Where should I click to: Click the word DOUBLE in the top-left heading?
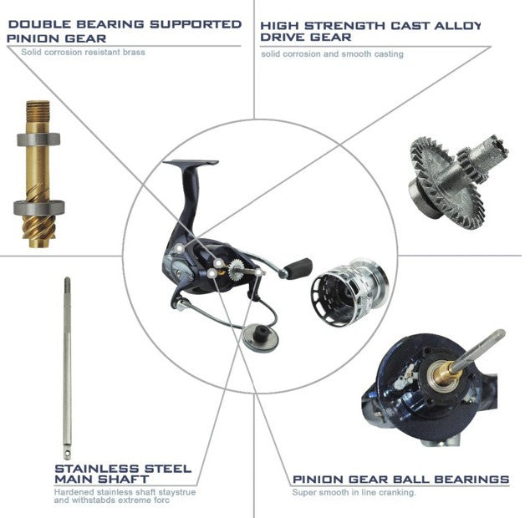click(40, 24)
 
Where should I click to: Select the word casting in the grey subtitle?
click(389, 54)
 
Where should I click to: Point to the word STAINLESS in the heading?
click(97, 469)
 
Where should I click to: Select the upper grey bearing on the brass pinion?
click(38, 140)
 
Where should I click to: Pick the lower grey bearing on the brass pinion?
click(38, 207)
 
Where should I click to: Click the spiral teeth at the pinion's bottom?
click(38, 229)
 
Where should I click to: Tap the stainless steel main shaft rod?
click(67, 368)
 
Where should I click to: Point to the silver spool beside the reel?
click(349, 292)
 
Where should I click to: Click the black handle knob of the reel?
click(298, 268)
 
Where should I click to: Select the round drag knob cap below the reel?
click(260, 337)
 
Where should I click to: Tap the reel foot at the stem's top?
click(191, 163)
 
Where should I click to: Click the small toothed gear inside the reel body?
click(237, 270)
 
